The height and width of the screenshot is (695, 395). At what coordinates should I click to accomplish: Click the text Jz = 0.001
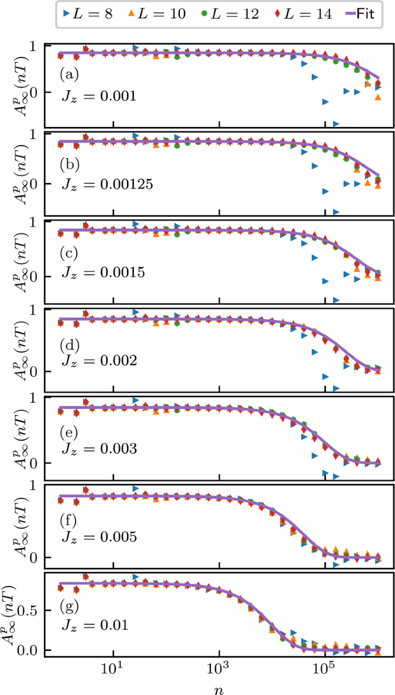[99, 96]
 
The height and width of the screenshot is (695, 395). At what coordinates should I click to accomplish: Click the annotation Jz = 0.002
[99, 362]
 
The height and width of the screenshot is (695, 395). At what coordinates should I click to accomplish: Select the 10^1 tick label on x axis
[113, 669]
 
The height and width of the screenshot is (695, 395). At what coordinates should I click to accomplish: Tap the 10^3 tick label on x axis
[219, 669]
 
